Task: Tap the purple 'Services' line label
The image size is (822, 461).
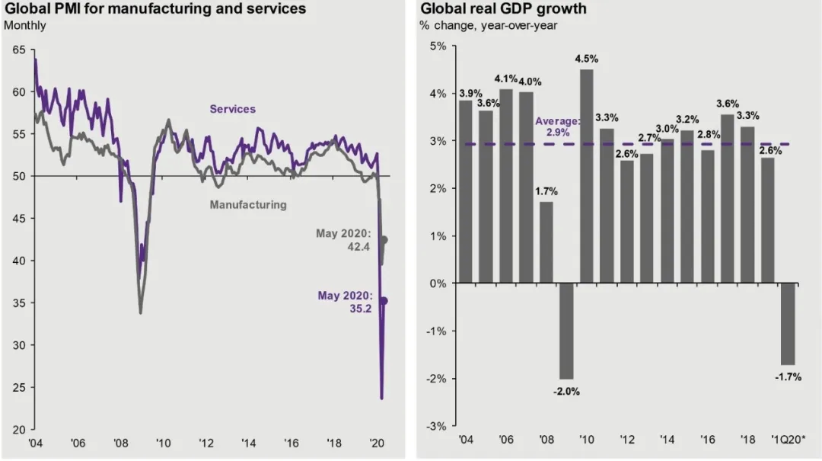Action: coord(233,109)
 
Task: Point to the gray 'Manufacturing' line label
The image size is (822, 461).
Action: coord(248,204)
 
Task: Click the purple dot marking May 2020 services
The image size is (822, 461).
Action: coord(384,301)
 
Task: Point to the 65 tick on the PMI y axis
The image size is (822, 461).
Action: coord(18,50)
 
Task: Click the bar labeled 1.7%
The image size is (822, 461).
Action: coord(546,242)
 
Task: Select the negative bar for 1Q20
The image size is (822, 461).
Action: coord(788,323)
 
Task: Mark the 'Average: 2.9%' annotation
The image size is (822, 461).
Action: coord(558,126)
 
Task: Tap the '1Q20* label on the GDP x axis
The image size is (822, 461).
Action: coord(788,442)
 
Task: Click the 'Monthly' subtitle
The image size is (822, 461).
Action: coord(25,25)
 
